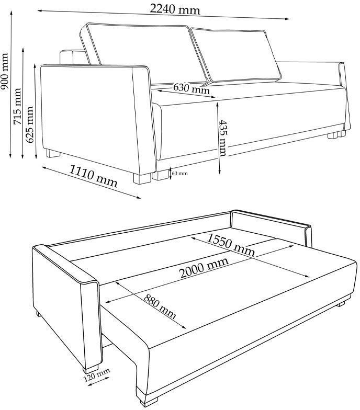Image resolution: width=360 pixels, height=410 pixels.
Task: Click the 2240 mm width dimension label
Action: pos(175,9)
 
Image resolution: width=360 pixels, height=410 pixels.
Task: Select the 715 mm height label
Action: pos(17,106)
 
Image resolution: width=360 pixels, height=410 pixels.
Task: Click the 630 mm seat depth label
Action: pos(192,88)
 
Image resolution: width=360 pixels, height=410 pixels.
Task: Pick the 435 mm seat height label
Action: pos(223,138)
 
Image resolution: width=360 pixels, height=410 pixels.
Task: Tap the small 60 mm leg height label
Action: pos(180,173)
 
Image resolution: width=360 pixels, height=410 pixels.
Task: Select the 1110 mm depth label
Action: pos(93,177)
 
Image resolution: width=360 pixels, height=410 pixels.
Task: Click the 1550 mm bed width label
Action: pos(231,245)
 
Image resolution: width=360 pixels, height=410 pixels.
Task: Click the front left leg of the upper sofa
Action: pos(142,178)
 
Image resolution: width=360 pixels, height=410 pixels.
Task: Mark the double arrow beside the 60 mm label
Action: pos(171,174)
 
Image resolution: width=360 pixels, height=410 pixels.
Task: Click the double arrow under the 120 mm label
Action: pos(98,381)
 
